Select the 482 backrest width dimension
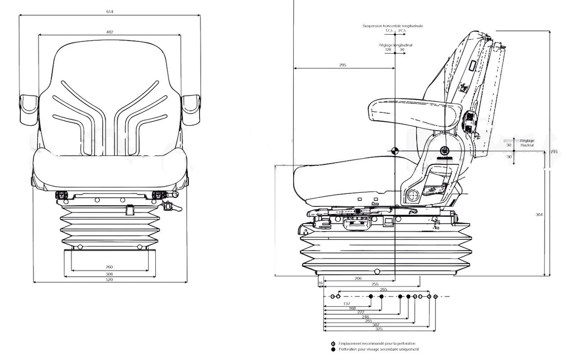coord(109,32)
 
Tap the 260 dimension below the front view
coord(109,267)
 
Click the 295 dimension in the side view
coord(342,65)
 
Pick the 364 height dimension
coord(538,215)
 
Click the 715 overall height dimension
coord(554,152)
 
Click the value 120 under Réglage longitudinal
coord(388,50)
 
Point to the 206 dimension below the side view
coord(358,278)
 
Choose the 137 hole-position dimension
coord(346,304)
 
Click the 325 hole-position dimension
coord(379,329)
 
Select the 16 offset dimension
coord(321,284)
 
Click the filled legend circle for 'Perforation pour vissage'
coord(333,349)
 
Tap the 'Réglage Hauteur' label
coord(527,143)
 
